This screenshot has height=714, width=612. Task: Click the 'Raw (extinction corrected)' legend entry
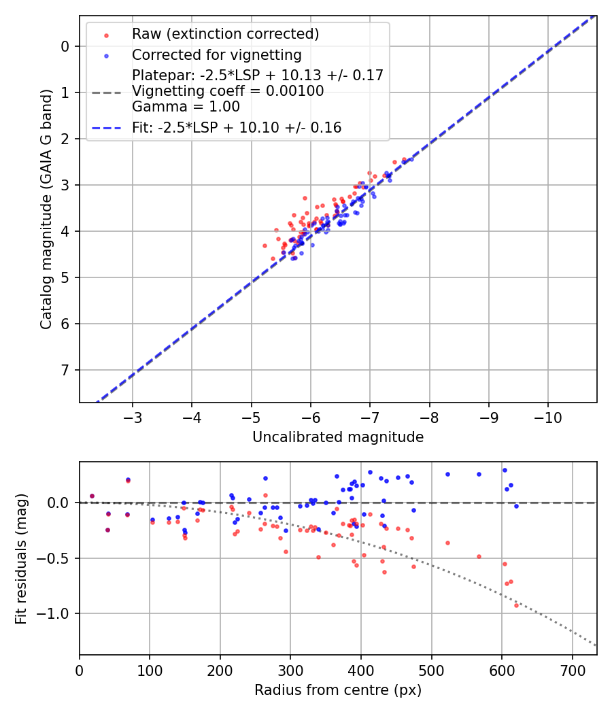pyautogui.click(x=225, y=34)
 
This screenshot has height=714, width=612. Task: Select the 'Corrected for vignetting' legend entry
pyautogui.click(x=216, y=54)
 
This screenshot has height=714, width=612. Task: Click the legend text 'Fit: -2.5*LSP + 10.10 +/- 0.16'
pyautogui.click(x=237, y=127)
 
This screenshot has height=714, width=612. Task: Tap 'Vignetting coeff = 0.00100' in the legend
pyautogui.click(x=227, y=91)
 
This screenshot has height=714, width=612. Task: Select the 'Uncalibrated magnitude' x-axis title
pyautogui.click(x=338, y=437)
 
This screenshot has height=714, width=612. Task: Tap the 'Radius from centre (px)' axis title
pyautogui.click(x=338, y=690)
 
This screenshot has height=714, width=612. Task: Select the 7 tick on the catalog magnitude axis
pyautogui.click(x=65, y=370)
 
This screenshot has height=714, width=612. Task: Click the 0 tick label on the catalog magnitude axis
pyautogui.click(x=65, y=46)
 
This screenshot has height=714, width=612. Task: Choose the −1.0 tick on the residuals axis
pyautogui.click(x=56, y=613)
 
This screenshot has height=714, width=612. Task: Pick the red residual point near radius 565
pyautogui.click(x=479, y=556)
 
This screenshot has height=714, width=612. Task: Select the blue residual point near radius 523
pyautogui.click(x=447, y=474)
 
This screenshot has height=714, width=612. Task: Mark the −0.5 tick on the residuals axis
pyautogui.click(x=56, y=558)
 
